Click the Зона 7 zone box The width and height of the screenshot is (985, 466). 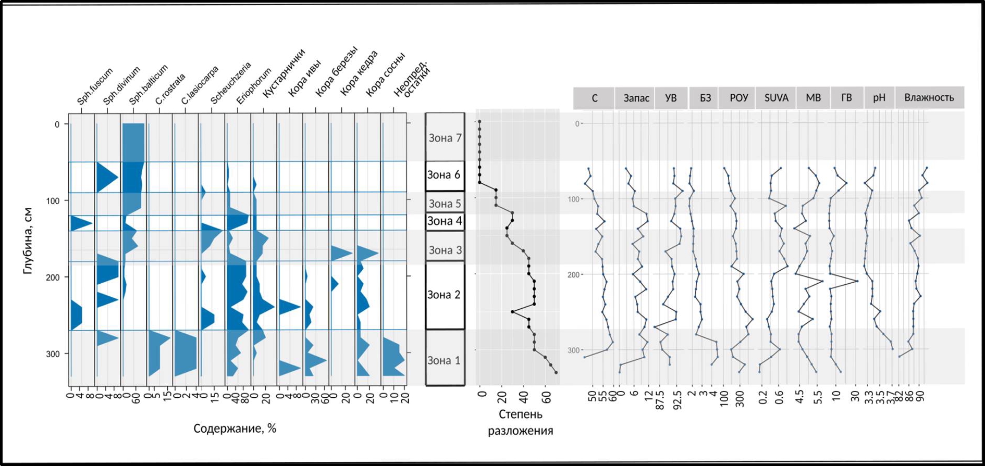click(445, 137)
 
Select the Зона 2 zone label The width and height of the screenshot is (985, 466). click(444, 295)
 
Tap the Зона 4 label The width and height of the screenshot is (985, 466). click(445, 221)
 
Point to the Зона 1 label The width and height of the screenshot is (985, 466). click(444, 360)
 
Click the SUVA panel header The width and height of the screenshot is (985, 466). click(776, 98)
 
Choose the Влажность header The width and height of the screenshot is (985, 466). click(929, 97)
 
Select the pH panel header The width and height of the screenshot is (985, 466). click(879, 98)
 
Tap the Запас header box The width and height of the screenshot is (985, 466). click(636, 98)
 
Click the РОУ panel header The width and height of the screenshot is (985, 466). click(738, 98)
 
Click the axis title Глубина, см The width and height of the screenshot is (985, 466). click(28, 241)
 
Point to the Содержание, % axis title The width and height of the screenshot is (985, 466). click(235, 429)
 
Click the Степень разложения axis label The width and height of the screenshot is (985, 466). click(520, 422)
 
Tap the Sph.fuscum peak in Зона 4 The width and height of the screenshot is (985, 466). click(92, 223)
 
